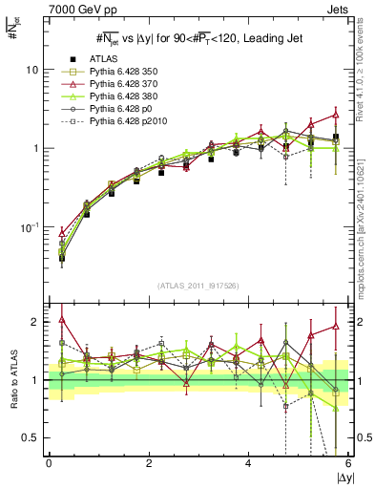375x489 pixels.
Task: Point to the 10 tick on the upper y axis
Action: click(32, 70)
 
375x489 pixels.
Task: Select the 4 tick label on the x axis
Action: click(249, 462)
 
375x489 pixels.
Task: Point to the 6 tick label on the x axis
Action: click(348, 462)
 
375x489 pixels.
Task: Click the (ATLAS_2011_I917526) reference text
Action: click(198, 286)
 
